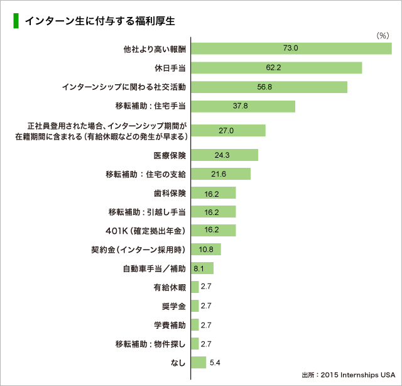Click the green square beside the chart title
[16, 21]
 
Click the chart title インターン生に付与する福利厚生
[99, 21]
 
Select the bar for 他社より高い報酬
[291, 48]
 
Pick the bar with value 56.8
[269, 87]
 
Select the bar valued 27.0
[227, 130]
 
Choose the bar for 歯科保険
[213, 193]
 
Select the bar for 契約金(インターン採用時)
[205, 250]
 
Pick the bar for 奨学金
[195, 306]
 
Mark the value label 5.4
[215, 363]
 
